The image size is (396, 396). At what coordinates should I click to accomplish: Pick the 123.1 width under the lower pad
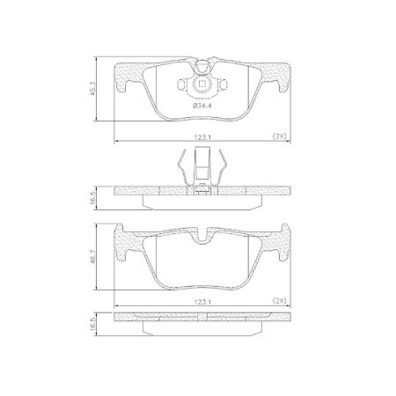point(203,301)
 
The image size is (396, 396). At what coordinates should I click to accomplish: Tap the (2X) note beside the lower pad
point(280,301)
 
